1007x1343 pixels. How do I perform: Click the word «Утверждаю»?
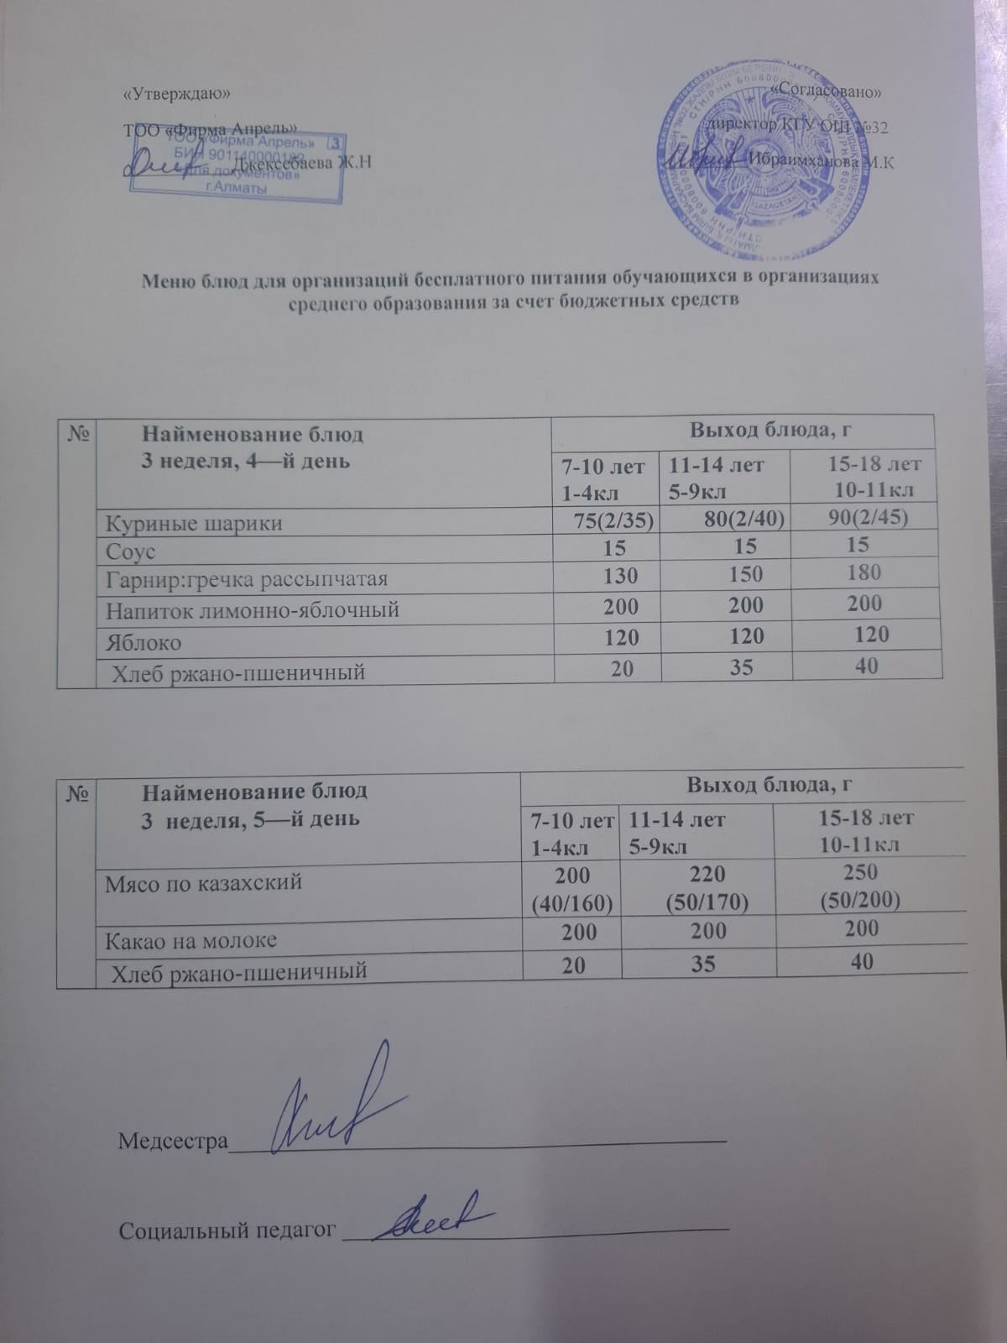(x=175, y=93)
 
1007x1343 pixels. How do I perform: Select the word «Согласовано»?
(x=829, y=89)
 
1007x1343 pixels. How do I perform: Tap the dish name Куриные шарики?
(x=193, y=523)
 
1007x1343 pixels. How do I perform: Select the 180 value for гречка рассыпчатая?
(x=864, y=572)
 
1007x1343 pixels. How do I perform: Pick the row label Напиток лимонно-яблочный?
(x=251, y=609)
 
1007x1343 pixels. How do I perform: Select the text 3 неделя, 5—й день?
(x=249, y=818)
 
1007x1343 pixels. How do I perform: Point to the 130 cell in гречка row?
(x=620, y=576)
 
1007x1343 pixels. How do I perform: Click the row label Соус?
(x=130, y=552)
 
